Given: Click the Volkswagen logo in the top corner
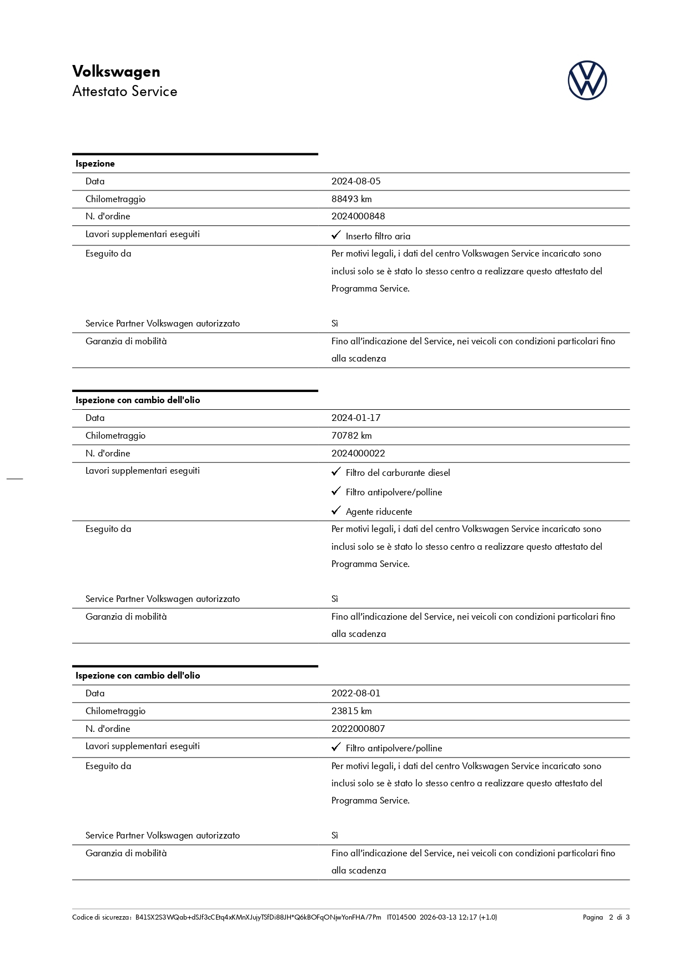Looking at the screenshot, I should [587, 81].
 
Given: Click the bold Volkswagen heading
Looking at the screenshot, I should [116, 72].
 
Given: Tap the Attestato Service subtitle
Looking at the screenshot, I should [124, 92].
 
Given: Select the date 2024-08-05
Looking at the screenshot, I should [356, 181].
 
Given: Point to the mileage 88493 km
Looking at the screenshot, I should [351, 199].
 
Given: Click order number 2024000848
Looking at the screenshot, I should [358, 216].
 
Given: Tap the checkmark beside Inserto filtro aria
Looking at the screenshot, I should [336, 235].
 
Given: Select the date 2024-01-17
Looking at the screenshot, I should [356, 418].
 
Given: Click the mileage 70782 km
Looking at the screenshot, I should [351, 435].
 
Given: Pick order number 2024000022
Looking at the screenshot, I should [358, 453].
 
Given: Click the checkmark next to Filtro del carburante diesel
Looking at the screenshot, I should [336, 472].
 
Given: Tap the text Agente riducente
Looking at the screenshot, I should [379, 511].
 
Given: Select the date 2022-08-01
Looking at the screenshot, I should [356, 693].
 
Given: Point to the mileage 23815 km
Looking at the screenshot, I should [351, 711].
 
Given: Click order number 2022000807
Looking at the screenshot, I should [358, 729].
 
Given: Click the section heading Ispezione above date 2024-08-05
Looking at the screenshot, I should [95, 164].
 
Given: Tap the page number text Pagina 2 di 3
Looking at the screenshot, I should [606, 917].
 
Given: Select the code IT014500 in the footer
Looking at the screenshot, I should [401, 917].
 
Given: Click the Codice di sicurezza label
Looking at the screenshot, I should [102, 917].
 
